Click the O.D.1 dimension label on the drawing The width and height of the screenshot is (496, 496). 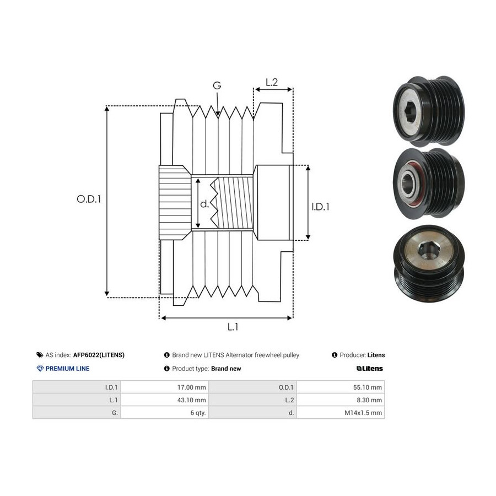coord(89,199)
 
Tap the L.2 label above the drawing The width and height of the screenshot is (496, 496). coord(271,82)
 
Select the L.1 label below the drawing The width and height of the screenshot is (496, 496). coord(233,327)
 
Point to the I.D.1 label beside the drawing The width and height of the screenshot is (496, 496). coord(320,207)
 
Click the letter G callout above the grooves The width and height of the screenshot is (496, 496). coord(217,85)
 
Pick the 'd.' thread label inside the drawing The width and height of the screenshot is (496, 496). coord(204,204)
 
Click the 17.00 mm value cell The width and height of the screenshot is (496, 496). coord(165,387)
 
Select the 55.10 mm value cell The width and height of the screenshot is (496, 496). coord(341,387)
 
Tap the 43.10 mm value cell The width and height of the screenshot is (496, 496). coord(165,400)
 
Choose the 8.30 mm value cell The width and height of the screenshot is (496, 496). coord(341,400)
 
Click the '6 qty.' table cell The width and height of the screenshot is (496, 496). coord(165,412)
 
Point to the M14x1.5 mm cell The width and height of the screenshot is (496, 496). coord(341,412)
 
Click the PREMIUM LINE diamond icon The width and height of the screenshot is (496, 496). coord(40,369)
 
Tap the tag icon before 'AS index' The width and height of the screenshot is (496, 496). coord(40,355)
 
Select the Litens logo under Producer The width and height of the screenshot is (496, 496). coord(369,369)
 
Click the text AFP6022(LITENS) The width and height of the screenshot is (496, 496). coord(99,355)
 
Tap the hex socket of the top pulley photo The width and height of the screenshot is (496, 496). coord(409,110)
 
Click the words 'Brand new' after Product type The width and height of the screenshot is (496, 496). coord(226,369)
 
